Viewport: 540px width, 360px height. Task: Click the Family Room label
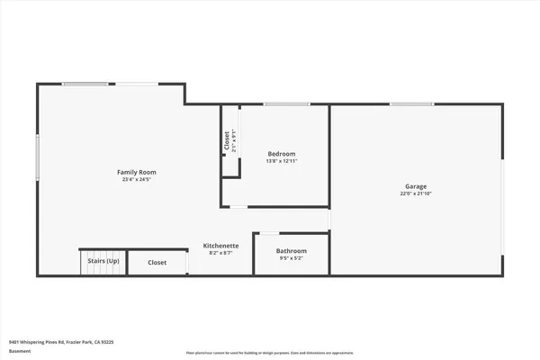(137, 172)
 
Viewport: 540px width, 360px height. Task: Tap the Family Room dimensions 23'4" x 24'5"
(137, 179)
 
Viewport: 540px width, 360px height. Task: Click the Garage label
(416, 186)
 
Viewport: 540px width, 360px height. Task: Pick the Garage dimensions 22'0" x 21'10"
(416, 193)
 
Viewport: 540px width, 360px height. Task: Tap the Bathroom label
(292, 251)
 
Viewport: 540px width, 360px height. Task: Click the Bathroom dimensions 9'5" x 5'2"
(292, 258)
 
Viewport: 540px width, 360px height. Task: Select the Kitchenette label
(220, 246)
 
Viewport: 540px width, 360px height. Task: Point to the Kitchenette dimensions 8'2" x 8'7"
(220, 253)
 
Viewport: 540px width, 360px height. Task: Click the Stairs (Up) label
(103, 261)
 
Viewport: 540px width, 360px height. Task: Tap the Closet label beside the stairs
(157, 262)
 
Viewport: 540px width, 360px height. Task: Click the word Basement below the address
(20, 351)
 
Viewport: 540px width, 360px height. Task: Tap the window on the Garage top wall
(402, 104)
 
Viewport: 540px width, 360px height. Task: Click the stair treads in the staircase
(103, 252)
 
